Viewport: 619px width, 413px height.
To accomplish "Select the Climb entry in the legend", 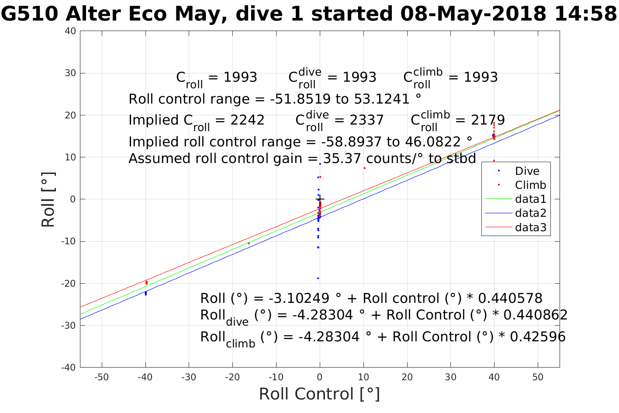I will coord(530,185).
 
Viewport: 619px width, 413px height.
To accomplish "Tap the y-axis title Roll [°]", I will coord(48,200).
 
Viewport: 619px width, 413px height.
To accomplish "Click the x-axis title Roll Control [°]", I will coord(319,394).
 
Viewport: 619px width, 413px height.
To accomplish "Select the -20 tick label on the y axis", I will coord(69,284).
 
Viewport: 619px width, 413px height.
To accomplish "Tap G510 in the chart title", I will coord(30,14).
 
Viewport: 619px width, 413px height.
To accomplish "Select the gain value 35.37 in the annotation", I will coord(342,159).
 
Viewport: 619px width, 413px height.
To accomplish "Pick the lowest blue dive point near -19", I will coord(318,278).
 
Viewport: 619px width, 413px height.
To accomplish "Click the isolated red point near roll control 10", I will coord(364,168).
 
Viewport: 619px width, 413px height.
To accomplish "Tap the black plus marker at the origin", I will coord(320,199).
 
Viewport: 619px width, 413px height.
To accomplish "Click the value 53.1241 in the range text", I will coord(380,99).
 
